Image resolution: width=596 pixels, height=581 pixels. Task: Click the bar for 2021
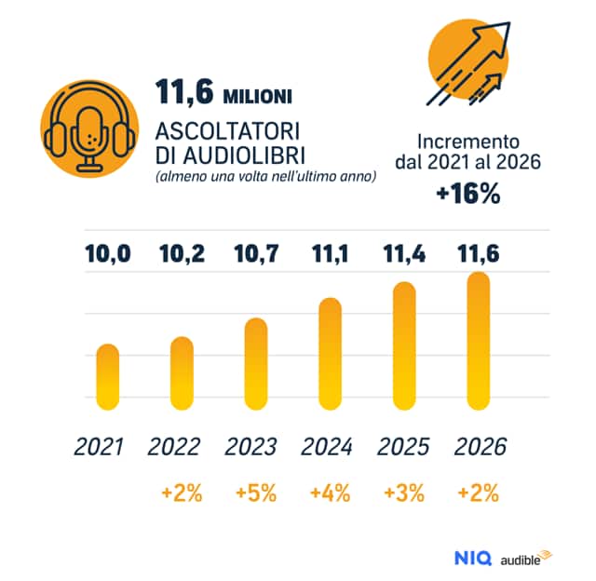coord(108,376)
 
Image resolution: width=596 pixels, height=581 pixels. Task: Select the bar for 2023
coord(256,363)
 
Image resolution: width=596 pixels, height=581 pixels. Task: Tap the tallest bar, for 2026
coord(478,341)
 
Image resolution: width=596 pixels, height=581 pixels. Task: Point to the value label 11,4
coord(403,253)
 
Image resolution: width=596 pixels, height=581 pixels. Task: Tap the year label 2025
coord(403,447)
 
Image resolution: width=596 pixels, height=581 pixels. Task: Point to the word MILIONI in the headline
coord(259,96)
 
